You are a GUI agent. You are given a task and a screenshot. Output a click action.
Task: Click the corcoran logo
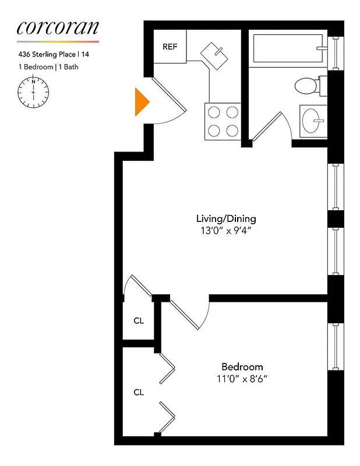pyautogui.click(x=58, y=27)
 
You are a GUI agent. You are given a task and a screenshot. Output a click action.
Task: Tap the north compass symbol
pyautogui.click(x=34, y=92)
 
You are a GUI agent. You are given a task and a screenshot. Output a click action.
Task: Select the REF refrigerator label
pyautogui.click(x=170, y=47)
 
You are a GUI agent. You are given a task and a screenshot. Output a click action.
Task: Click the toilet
pyautogui.click(x=307, y=86)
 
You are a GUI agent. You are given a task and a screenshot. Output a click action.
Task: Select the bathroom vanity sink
pyautogui.click(x=315, y=121)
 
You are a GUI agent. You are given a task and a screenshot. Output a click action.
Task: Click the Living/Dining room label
pyautogui.click(x=226, y=219)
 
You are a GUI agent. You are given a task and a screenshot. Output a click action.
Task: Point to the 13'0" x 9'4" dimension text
pyautogui.click(x=226, y=230)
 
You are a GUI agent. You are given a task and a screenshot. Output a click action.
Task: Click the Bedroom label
pyautogui.click(x=242, y=367)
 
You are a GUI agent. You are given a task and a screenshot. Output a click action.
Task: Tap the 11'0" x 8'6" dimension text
pyautogui.click(x=242, y=378)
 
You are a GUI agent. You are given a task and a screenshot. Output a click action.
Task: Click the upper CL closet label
pyautogui.click(x=139, y=321)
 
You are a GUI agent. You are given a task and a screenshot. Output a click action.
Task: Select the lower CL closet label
pyautogui.click(x=139, y=392)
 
